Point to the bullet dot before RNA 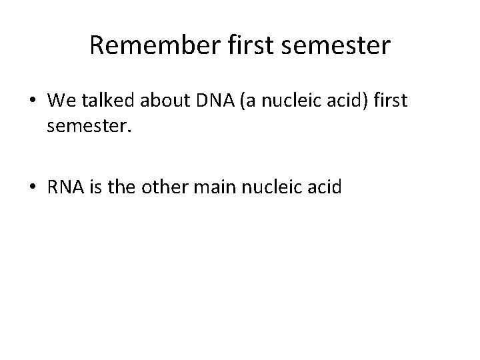pos(33,188)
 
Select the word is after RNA pos(93,188)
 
